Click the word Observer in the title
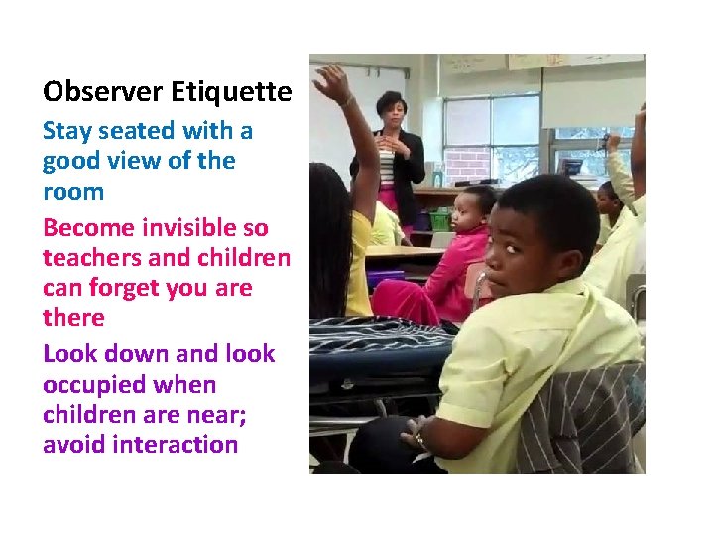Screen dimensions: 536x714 (x=103, y=93)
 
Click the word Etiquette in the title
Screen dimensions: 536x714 (x=231, y=93)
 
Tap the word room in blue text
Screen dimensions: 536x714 (x=73, y=190)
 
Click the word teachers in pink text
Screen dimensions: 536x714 (x=89, y=258)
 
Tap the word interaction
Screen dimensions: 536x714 (x=176, y=444)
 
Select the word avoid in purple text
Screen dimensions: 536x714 (x=74, y=444)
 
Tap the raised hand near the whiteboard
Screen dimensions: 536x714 (x=333, y=83)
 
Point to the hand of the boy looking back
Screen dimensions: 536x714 (x=416, y=434)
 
